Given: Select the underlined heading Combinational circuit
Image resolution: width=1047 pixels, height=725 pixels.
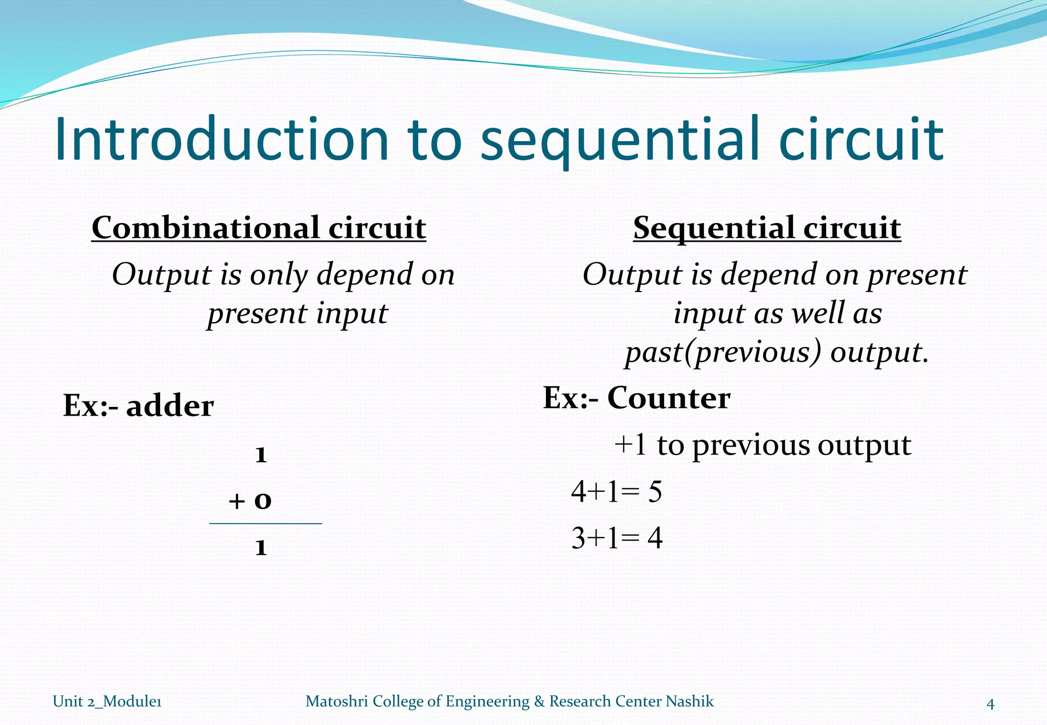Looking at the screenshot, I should pyautogui.click(x=259, y=228).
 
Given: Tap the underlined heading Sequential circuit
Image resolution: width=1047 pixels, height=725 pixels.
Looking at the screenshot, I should pyautogui.click(x=767, y=228).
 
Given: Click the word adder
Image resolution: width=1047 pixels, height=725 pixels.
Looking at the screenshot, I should pyautogui.click(x=170, y=406).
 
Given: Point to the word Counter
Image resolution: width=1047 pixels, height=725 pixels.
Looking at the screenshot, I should pyautogui.click(x=669, y=398).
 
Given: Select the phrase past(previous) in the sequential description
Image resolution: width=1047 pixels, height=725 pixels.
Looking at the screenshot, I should pyautogui.click(x=724, y=352).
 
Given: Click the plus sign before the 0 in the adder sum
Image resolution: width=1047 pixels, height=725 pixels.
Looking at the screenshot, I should pyautogui.click(x=237, y=501).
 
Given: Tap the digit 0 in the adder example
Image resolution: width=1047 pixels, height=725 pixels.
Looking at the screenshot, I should pyautogui.click(x=263, y=501).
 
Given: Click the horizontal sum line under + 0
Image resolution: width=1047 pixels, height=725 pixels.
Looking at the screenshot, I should pyautogui.click(x=265, y=524).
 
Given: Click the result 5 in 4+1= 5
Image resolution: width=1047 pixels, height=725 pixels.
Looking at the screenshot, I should pyautogui.click(x=655, y=492).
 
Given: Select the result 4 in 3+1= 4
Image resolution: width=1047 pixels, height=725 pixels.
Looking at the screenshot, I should pyautogui.click(x=655, y=538).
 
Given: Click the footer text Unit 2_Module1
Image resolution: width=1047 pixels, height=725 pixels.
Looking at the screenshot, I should pyautogui.click(x=107, y=701).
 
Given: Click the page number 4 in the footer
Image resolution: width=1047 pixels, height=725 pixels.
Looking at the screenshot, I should pyautogui.click(x=990, y=705).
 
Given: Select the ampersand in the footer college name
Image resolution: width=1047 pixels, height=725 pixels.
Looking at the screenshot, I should pyautogui.click(x=539, y=701).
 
